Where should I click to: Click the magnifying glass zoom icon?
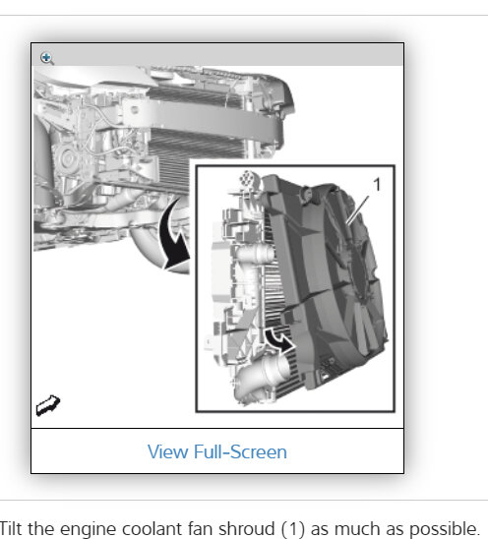[x=47, y=58]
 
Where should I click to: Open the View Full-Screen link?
[x=217, y=451]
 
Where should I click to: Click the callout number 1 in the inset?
[x=377, y=184]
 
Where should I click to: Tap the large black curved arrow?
[x=174, y=237]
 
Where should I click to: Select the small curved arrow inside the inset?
[x=278, y=339]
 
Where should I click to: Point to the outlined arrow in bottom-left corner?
[x=48, y=405]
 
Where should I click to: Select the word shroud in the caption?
[x=247, y=528]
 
